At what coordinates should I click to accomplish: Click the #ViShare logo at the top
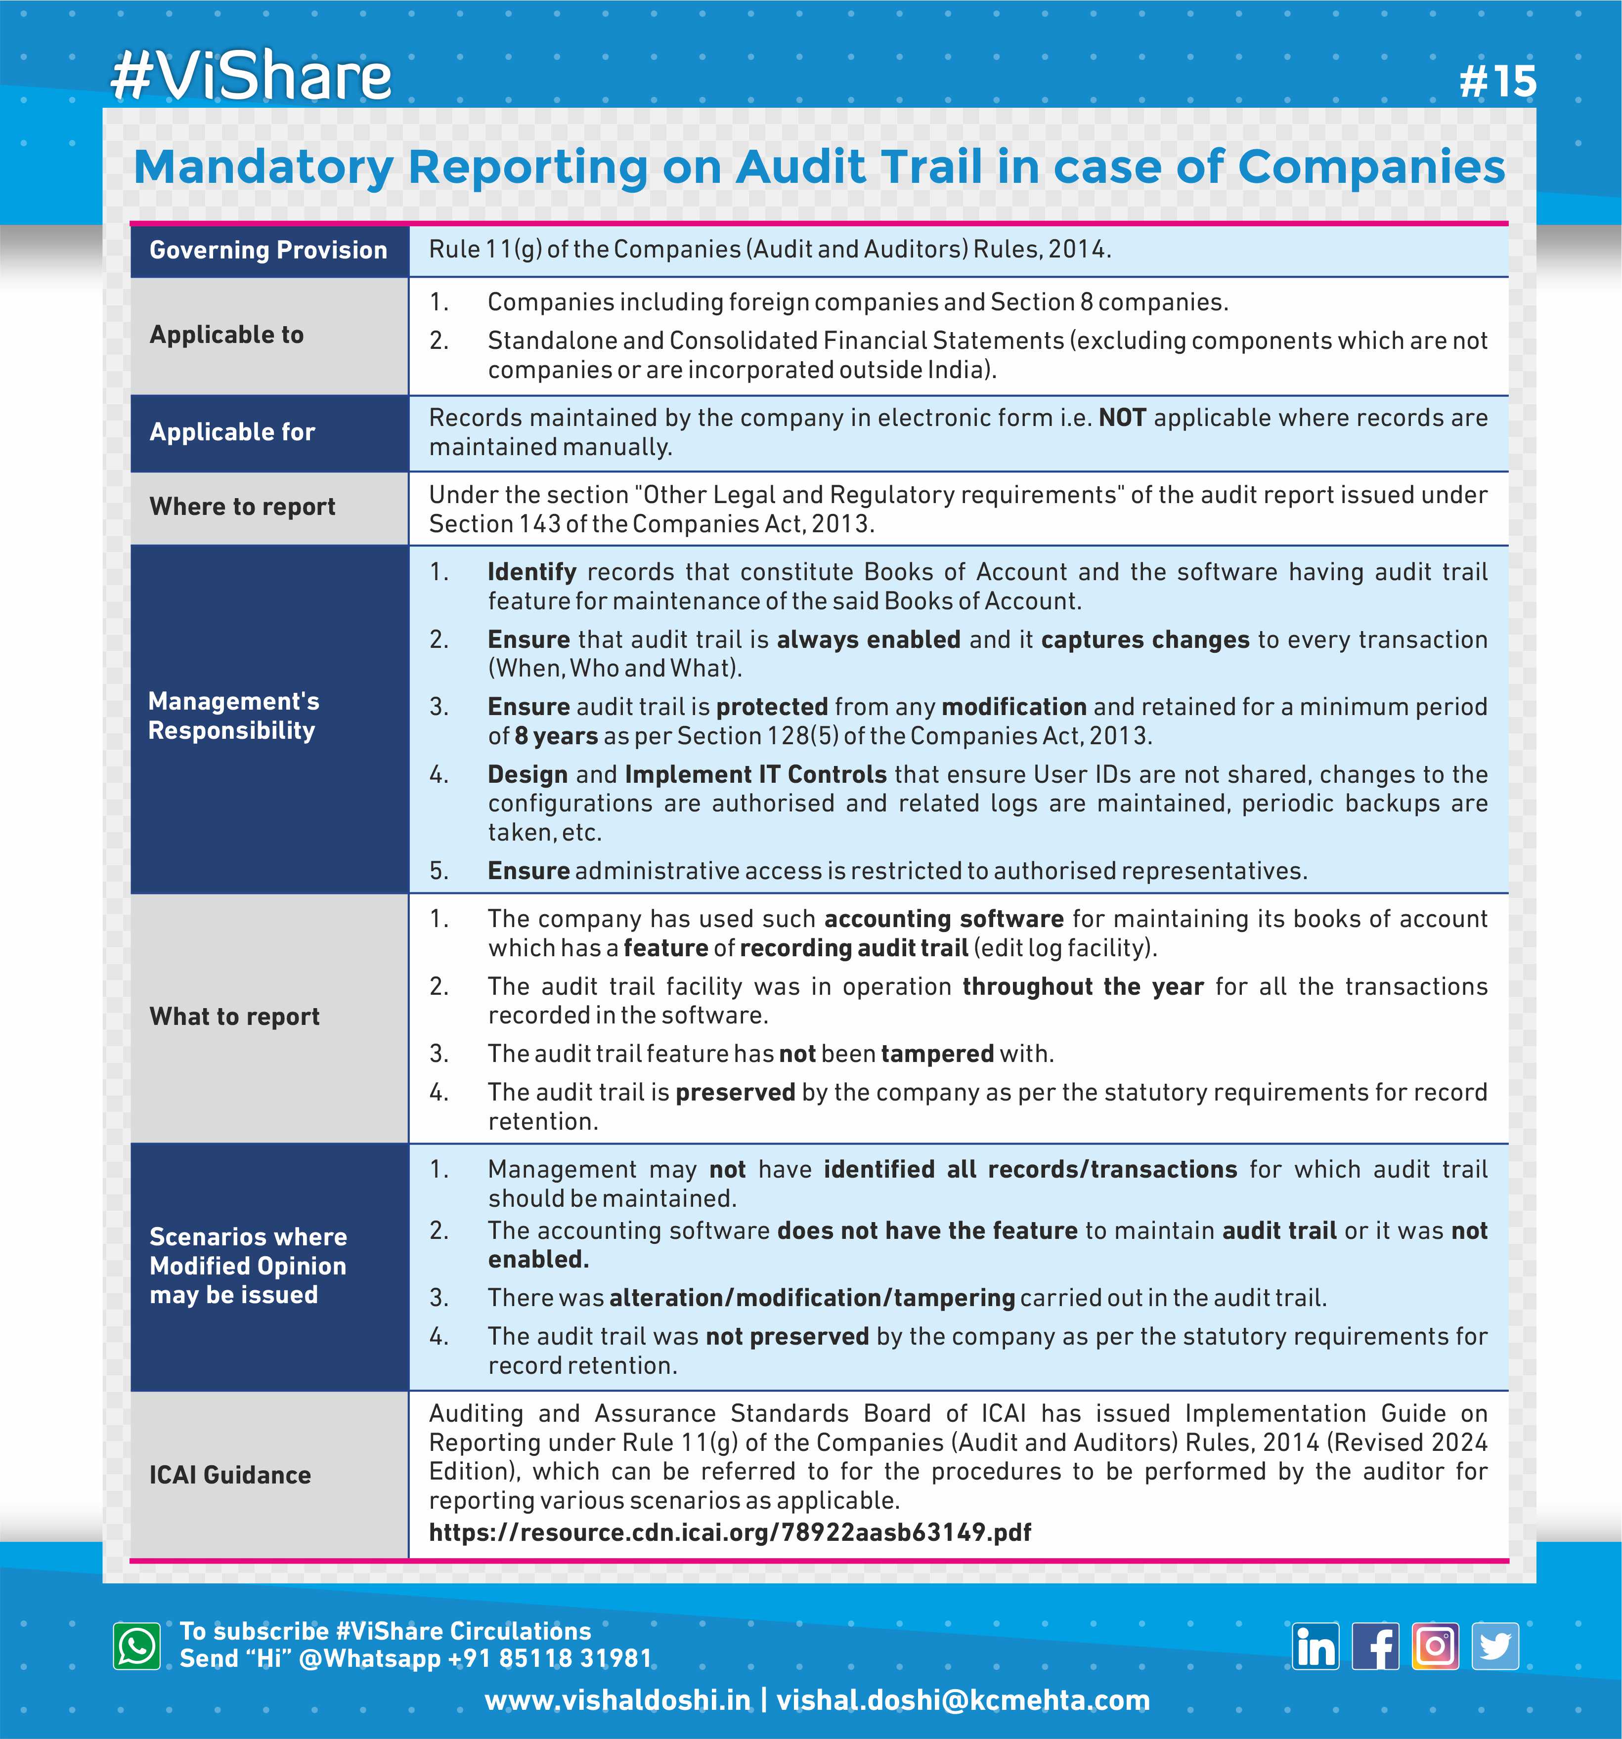coord(251,77)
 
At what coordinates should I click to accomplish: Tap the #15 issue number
coord(1497,82)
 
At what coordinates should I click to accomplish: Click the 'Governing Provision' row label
coord(268,250)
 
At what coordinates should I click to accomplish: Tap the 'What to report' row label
coord(234,1017)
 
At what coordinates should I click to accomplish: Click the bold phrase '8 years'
coord(556,736)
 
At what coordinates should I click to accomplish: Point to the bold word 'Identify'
coord(532,572)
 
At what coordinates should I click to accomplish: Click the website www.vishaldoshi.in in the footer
coord(617,1700)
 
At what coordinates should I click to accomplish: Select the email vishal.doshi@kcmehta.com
coord(963,1700)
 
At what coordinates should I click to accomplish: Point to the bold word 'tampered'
coord(937,1054)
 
